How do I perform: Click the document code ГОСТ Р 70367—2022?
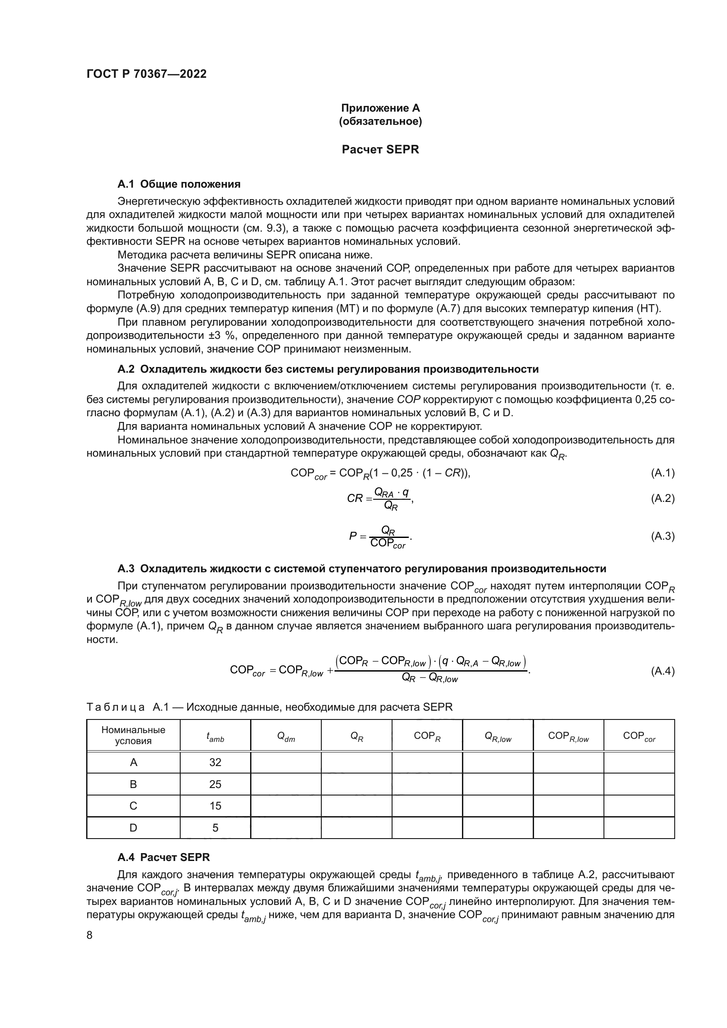146,74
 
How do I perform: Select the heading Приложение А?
380,108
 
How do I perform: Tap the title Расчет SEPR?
380,149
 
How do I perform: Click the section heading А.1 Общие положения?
178,184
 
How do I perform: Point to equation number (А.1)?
662,473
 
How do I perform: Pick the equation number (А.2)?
662,498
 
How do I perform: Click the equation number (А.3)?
662,536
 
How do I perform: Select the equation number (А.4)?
662,671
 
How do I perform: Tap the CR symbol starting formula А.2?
355,498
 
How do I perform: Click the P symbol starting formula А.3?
353,536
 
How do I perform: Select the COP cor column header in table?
639,736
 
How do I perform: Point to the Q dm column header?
286,736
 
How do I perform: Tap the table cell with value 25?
215,784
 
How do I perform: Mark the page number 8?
90,935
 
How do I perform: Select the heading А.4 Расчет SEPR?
164,857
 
